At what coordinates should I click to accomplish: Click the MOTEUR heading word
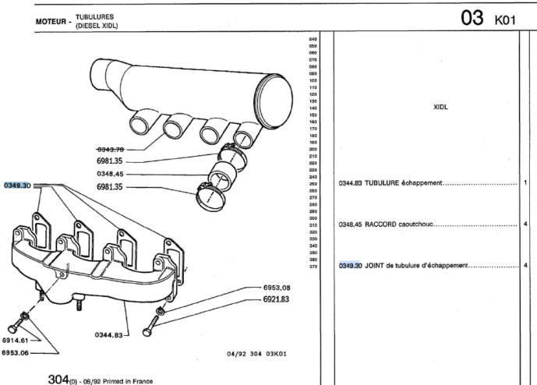pos(51,21)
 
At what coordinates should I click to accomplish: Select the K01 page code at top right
pos(505,19)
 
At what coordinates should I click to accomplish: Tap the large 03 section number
pos(472,19)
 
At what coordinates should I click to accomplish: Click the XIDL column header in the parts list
pos(440,107)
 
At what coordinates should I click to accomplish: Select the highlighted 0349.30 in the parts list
pos(351,265)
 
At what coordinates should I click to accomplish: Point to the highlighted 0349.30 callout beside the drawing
pos(16,185)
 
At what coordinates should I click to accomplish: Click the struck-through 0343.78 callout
pos(110,149)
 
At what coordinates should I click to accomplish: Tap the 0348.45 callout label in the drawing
pos(110,174)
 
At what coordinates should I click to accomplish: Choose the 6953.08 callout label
pos(276,288)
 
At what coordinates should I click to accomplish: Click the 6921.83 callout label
pos(276,299)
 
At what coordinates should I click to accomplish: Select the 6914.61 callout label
pos(15,341)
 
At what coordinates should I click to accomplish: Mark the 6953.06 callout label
pos(15,353)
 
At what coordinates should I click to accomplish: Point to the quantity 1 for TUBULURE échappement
pos(526,183)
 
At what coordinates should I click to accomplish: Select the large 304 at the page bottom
pos(59,378)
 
